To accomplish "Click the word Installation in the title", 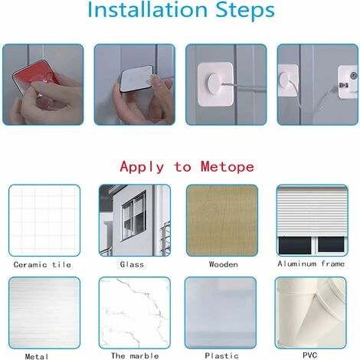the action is tap(147, 9).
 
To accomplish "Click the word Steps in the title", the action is tap(245, 10).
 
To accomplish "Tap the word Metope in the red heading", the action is tap(227, 166).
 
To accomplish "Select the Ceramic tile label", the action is tap(42, 264).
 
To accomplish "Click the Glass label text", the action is tap(132, 264).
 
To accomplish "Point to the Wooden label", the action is tap(224, 264).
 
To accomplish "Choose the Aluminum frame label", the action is tap(311, 263).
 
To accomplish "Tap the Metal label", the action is tap(37, 356).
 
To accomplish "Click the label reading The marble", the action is tap(135, 355).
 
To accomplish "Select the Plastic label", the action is tap(221, 355).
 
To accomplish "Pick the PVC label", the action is tap(309, 355).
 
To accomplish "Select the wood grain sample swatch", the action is tap(222, 220).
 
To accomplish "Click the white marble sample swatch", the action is tap(135, 313).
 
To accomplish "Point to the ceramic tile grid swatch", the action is tap(44, 220).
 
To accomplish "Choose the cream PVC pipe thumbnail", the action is tap(311, 313).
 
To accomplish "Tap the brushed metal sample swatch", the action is tap(44, 313).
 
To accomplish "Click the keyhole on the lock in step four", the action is tap(353, 76).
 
